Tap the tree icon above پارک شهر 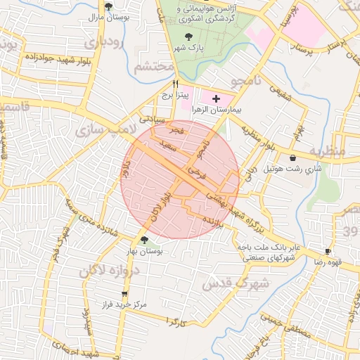pos(187,37)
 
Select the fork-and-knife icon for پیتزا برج pos(166,83)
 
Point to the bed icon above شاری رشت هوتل pos(292,157)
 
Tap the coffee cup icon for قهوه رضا pos(328,251)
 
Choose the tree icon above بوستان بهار pos(144,240)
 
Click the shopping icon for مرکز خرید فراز pos(125,294)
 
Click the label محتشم pos(153,67)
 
